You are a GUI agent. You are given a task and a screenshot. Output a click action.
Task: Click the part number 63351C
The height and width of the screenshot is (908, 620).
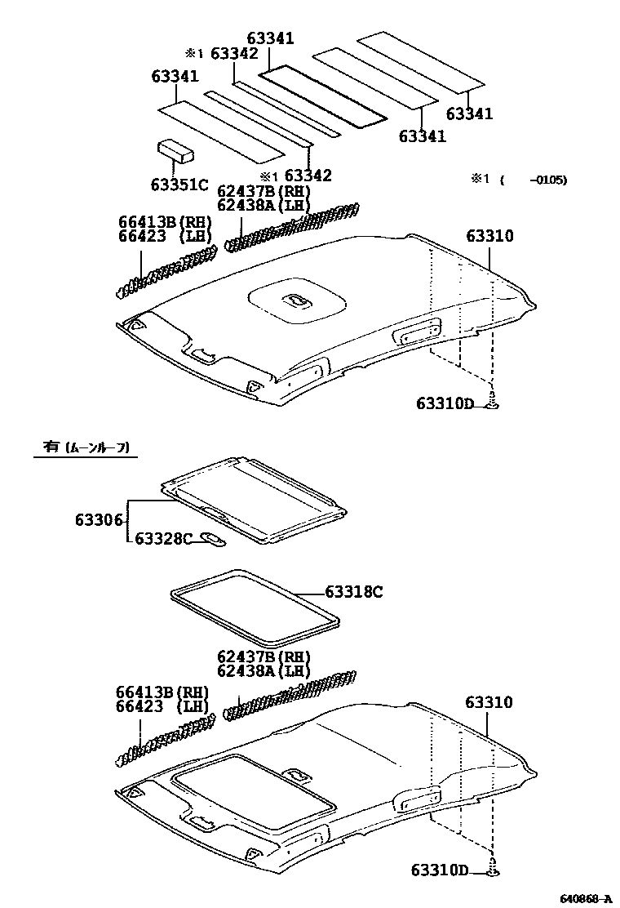179,184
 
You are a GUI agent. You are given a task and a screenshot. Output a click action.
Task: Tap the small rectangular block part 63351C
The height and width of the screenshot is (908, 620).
177,150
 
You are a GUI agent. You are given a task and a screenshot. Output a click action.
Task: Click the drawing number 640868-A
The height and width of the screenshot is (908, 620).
585,898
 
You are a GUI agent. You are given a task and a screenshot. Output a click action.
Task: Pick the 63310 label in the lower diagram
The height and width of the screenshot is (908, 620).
489,702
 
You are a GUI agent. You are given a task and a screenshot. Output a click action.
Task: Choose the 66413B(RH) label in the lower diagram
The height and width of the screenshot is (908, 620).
164,692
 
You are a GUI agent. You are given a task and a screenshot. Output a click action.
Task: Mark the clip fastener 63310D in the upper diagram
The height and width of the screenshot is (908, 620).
493,403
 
